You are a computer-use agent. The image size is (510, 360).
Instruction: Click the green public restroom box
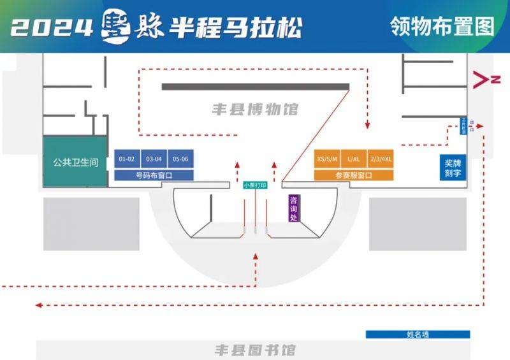pos(75,162)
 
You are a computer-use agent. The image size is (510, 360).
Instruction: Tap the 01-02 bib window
pos(126,159)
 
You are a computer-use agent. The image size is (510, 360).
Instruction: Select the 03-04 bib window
pos(154,159)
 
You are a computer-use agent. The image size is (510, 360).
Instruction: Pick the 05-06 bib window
pos(180,159)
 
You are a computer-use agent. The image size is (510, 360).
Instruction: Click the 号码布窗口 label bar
pos(154,175)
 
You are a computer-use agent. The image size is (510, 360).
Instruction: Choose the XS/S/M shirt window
pos(327,159)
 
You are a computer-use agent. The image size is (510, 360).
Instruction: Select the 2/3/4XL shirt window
pos(381,159)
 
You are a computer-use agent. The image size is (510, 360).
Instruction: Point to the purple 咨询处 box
pos(294,208)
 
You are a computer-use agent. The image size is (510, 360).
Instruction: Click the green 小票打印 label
pos(255,185)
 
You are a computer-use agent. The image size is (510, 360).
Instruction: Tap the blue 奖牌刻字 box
pos(453,168)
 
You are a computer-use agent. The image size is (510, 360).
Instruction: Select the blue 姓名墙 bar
pos(418,334)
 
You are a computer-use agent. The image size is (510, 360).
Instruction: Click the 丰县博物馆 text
pos(255,109)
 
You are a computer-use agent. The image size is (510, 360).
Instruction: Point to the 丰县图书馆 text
pos(255,350)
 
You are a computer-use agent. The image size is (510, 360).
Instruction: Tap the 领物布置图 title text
pos(441,26)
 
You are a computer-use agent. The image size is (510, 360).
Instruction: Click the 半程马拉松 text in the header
pos(235,27)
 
